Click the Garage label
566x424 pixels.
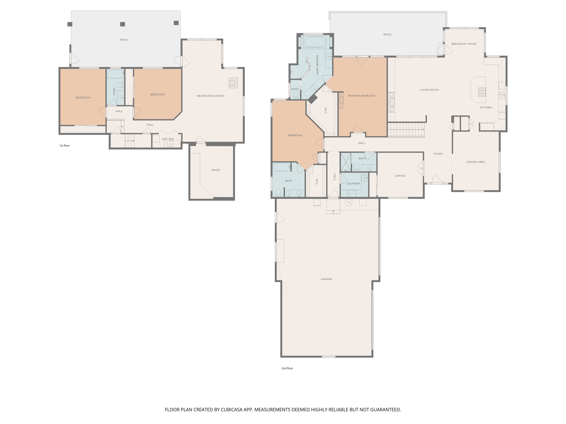[326, 279]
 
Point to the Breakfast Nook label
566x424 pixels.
[464, 44]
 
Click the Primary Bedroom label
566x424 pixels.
[361, 96]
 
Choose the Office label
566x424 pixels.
[400, 176]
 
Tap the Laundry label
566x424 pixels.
[353, 183]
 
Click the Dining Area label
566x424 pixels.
[476, 162]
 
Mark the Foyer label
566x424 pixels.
[438, 154]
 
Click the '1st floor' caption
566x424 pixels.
[65, 146]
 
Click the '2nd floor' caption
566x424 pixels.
[287, 368]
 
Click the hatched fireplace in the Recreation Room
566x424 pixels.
[233, 83]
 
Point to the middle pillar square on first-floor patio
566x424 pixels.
[123, 24]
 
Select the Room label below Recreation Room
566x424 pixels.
[216, 170]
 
